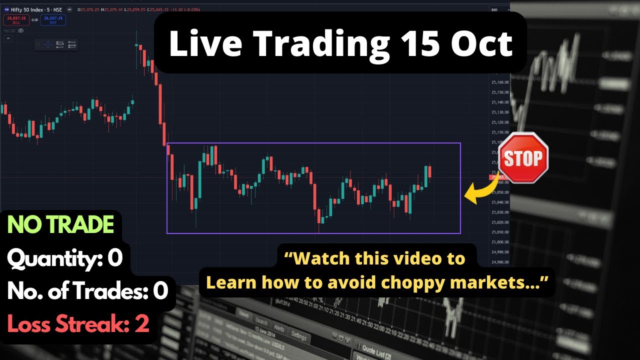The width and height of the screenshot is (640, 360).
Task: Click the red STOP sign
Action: [x=523, y=158]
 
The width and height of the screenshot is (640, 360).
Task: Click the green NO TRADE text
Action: [x=60, y=225]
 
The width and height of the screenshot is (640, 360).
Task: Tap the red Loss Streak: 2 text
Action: [x=78, y=324]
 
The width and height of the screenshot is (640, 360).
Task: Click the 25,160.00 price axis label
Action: [x=500, y=82]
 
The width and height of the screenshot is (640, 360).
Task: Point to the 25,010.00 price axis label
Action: [x=500, y=232]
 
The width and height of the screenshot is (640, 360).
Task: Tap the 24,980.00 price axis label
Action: [x=500, y=262]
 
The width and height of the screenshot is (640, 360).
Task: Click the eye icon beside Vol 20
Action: [x=21, y=30]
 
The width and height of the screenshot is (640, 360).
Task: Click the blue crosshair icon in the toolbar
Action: [x=48, y=44]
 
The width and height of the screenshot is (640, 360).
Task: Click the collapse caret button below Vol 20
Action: [x=8, y=38]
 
